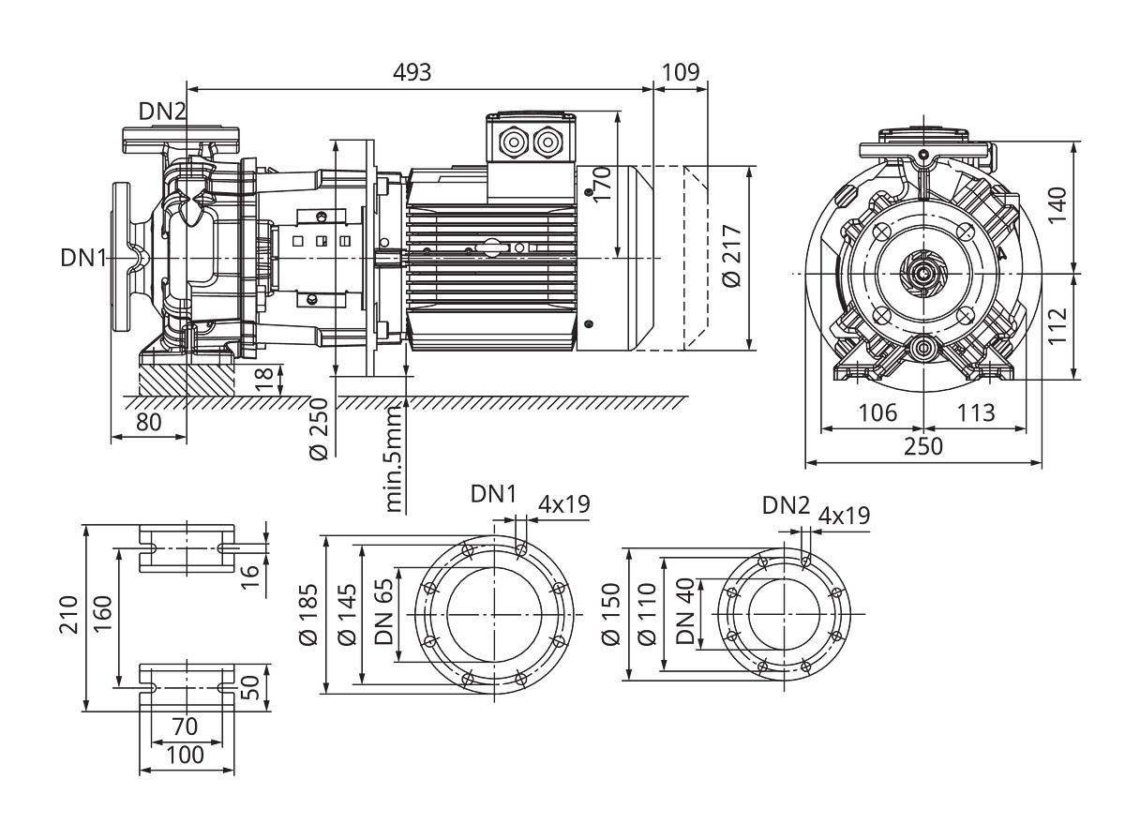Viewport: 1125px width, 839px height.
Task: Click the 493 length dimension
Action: [412, 73]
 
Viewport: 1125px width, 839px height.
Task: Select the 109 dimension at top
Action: [680, 73]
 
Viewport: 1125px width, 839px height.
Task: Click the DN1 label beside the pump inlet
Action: [85, 257]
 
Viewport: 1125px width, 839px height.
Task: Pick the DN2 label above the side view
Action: [163, 112]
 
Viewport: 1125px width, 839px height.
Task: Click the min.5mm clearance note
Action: [395, 458]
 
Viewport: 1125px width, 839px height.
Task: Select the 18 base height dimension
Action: [266, 379]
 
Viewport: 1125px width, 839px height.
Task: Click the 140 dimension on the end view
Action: [1058, 207]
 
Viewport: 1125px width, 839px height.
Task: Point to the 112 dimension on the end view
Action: [1058, 327]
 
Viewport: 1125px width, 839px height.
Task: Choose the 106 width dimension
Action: [878, 412]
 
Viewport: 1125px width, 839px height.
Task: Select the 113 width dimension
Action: [976, 412]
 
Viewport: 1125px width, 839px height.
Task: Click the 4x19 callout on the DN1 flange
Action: [563, 503]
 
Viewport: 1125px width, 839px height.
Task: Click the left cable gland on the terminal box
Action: [515, 142]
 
